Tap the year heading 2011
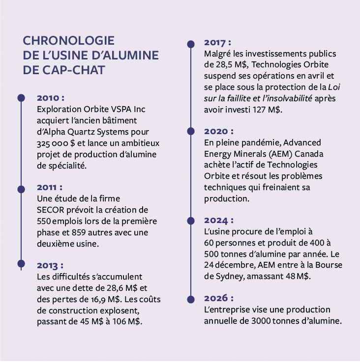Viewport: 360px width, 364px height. click(x=50, y=188)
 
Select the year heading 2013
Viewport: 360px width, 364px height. click(x=50, y=266)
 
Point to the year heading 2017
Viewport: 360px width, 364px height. click(x=217, y=43)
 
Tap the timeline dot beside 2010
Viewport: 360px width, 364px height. click(x=21, y=98)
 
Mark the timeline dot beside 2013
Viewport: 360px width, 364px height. click(x=21, y=264)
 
